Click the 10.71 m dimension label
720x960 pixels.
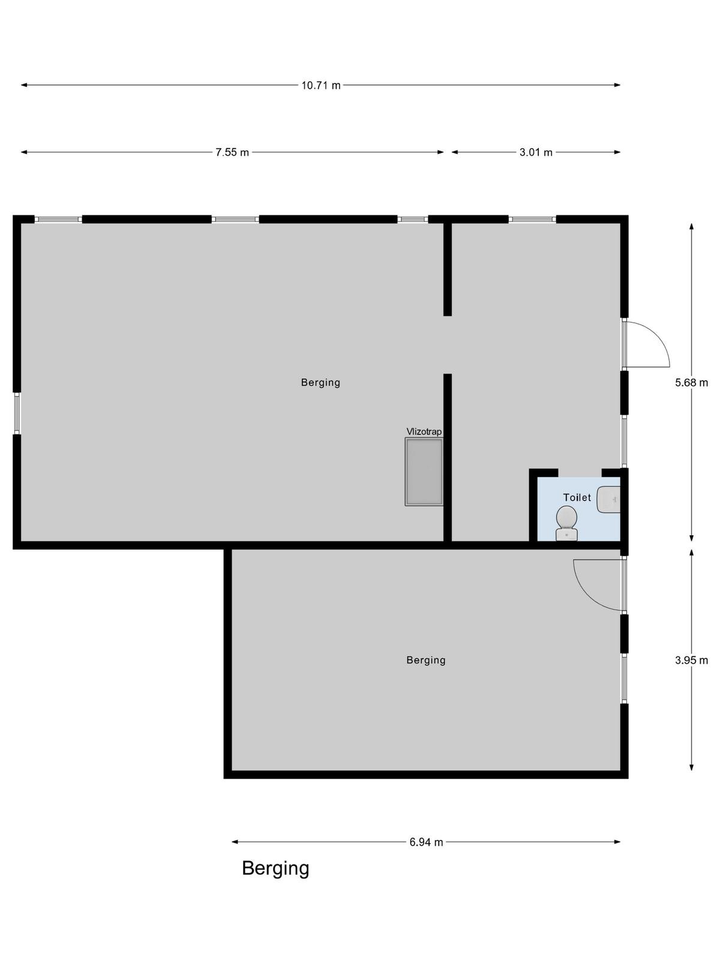pyautogui.click(x=320, y=85)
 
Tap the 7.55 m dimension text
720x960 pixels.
pyautogui.click(x=232, y=152)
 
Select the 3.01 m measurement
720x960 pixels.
pyautogui.click(x=536, y=152)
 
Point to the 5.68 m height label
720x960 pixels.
pyautogui.click(x=691, y=383)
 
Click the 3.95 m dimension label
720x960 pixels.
pyautogui.click(x=691, y=661)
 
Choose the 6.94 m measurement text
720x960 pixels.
pyautogui.click(x=426, y=842)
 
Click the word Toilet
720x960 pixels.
pyautogui.click(x=577, y=497)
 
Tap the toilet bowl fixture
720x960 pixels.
pyautogui.click(x=566, y=523)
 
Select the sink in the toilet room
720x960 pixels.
pyautogui.click(x=608, y=499)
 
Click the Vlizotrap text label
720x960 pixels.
pyautogui.click(x=424, y=431)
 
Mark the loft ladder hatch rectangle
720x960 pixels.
pyautogui.click(x=424, y=472)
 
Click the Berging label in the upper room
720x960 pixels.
pyautogui.click(x=320, y=383)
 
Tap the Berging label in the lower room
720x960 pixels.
pyautogui.click(x=426, y=661)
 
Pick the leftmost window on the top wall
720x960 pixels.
pyautogui.click(x=58, y=219)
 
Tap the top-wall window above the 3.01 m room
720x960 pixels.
pyautogui.click(x=532, y=219)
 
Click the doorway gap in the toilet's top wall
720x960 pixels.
pyautogui.click(x=580, y=473)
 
